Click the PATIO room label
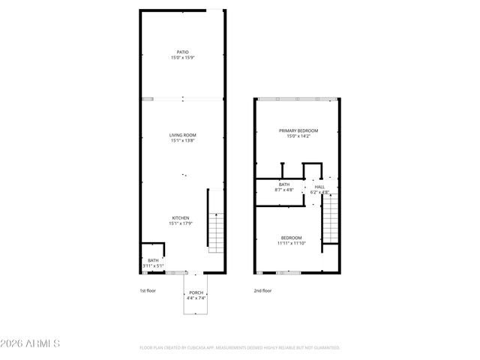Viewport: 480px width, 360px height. pos(183,52)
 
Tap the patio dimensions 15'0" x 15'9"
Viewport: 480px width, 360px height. pos(183,57)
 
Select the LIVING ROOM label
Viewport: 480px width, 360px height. pos(183,135)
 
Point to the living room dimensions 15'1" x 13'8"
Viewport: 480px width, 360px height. pos(183,140)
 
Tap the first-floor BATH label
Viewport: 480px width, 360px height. pos(153,260)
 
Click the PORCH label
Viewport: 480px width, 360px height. pos(196,292)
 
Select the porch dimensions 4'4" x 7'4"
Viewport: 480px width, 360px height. pos(196,298)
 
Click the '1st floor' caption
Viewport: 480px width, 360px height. pos(147,290)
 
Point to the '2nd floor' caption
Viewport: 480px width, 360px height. pos(262,290)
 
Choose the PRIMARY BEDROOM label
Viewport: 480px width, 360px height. pos(298,130)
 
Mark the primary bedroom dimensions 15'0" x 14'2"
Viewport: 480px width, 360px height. pos(298,136)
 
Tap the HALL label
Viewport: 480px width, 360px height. pos(319,187)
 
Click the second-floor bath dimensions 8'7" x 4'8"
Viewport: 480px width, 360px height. pos(284,190)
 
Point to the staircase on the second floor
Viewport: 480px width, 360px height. pos(331,220)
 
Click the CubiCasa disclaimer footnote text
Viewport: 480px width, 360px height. pos(240,348)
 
